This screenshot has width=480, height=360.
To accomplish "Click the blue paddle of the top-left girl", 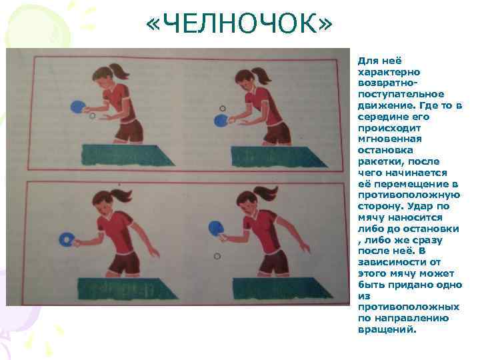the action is (x=78, y=107).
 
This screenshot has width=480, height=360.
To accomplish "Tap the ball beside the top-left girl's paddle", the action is (x=92, y=116).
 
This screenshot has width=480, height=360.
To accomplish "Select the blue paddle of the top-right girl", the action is (x=221, y=120).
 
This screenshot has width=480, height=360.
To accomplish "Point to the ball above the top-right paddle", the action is (x=223, y=109).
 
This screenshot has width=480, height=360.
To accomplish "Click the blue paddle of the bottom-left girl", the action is (x=67, y=240).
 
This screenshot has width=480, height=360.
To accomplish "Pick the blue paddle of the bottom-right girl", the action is (x=216, y=228).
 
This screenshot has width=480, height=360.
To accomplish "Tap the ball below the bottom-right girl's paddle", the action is (x=217, y=255).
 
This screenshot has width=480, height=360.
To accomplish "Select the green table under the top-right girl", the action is (x=277, y=157).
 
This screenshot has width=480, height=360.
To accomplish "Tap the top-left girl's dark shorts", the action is (x=129, y=131).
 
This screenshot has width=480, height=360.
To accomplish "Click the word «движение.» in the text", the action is (x=386, y=105).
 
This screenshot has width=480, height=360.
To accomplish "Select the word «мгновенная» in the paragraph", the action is (x=390, y=139).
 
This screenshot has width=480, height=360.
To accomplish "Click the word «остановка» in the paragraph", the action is (x=385, y=150).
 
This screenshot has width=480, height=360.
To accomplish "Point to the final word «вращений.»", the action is (x=387, y=330).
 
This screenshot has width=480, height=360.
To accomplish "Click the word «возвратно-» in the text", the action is (x=387, y=83).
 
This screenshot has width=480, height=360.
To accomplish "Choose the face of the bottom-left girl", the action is (x=103, y=209).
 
